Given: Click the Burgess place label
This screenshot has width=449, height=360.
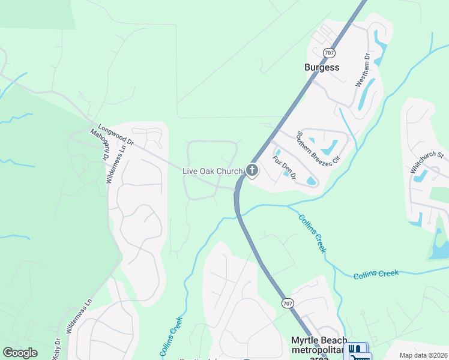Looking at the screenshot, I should (x=321, y=67).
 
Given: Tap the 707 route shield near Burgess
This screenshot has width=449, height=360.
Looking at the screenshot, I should (x=328, y=52).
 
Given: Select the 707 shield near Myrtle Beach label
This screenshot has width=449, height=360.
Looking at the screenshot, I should (x=288, y=304).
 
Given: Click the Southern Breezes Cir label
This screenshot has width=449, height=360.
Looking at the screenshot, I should (x=318, y=148).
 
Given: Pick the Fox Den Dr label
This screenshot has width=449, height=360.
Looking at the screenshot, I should (x=285, y=168).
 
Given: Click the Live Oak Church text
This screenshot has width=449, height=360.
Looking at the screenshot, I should (x=212, y=172).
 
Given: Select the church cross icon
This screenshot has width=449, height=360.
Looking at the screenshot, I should (x=252, y=171).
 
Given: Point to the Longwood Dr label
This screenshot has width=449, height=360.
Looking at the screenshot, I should (x=115, y=136).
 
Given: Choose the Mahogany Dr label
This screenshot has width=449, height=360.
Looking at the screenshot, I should (x=98, y=145).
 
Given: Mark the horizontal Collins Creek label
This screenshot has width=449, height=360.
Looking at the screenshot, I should (x=376, y=274).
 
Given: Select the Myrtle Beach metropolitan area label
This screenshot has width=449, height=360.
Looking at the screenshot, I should (x=319, y=349).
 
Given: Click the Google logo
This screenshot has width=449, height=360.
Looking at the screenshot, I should (x=20, y=353).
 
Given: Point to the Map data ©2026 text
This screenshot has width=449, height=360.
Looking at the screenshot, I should (x=423, y=355).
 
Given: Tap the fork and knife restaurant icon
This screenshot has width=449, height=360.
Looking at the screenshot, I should (x=355, y=349).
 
